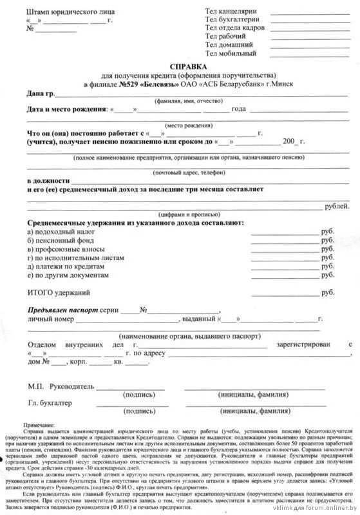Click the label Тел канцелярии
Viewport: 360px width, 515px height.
pyautogui.click(x=231, y=12)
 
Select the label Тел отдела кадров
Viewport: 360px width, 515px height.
pyautogui.click(x=235, y=28)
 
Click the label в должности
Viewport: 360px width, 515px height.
pyautogui.click(x=48, y=182)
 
